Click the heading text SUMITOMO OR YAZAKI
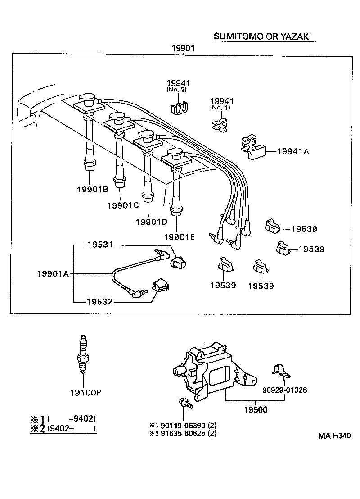[263, 36]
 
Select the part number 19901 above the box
[183, 48]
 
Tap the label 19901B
[92, 190]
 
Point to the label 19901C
[123, 205]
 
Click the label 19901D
[151, 222]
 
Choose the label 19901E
[180, 237]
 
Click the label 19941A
[293, 152]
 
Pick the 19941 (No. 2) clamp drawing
[179, 108]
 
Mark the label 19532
[99, 301]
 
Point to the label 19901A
[53, 273]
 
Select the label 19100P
[85, 392]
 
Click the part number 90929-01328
[285, 390]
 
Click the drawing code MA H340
[334, 435]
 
